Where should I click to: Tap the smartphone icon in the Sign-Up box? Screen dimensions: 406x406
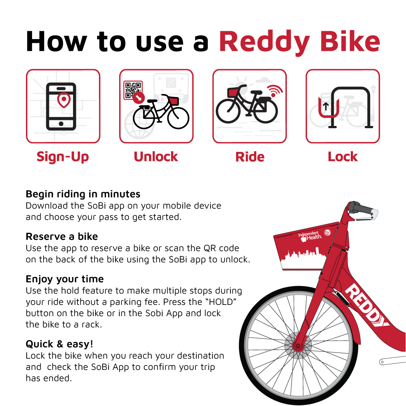coord(61,106)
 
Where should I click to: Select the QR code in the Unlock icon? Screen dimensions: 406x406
coord(133,89)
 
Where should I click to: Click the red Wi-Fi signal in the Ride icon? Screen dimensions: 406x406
coord(276,91)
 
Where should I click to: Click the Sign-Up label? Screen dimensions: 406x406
coord(63,157)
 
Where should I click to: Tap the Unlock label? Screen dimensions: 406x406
coord(156,157)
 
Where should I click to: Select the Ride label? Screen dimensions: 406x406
coord(250,157)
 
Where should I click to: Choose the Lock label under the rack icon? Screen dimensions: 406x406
coord(342,157)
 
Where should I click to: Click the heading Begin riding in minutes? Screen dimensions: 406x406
coord(83,194)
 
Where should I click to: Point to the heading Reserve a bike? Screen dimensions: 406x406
coord(62,236)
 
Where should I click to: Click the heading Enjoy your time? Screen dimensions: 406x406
coord(65,279)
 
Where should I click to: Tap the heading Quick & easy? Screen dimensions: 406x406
coord(59,344)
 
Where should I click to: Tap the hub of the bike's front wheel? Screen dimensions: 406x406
coord(298,345)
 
